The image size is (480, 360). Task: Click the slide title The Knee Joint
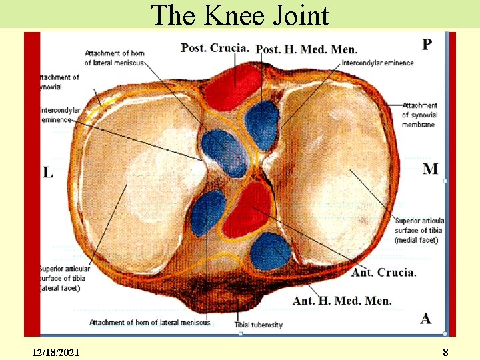tap(240, 15)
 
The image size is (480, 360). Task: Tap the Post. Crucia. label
tap(215, 47)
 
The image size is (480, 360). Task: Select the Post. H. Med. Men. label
tap(307, 49)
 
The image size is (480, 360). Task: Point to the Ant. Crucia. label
tap(384, 272)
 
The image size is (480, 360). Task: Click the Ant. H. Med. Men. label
tap(342, 301)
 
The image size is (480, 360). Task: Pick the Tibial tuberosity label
tap(258, 325)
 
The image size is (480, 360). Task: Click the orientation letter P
tap(427, 45)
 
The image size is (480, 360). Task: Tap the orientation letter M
tap(431, 169)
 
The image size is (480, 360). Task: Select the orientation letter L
tap(48, 173)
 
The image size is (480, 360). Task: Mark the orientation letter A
tap(426, 318)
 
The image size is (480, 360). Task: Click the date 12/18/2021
tap(55, 351)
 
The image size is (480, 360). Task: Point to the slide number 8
tap(445, 351)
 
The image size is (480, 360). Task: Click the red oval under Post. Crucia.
tap(232, 85)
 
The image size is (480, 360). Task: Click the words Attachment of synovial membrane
tap(419, 115)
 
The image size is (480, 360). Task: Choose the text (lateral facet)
tap(61, 288)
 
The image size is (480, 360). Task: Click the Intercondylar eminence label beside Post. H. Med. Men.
tap(377, 63)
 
